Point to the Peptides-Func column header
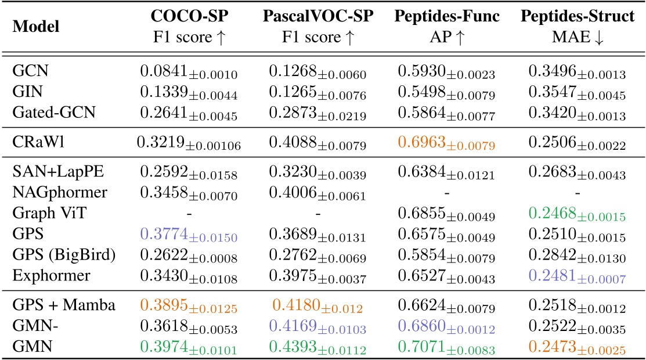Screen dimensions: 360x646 tap(447, 17)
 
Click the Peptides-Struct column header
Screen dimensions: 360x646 tap(577, 17)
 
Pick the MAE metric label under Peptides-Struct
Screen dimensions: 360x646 tap(577, 38)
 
